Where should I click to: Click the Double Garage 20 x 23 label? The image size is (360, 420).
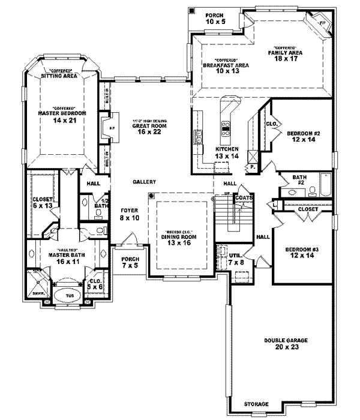(x=286, y=343)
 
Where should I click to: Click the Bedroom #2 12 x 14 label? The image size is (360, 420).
(x=301, y=136)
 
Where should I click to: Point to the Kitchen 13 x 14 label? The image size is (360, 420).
(x=227, y=152)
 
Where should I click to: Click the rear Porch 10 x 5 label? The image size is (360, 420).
(x=214, y=18)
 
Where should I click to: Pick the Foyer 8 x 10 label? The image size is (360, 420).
(x=129, y=214)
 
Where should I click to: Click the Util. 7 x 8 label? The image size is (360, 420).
(x=235, y=259)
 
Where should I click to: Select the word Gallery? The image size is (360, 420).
(x=145, y=182)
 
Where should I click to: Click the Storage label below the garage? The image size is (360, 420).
(x=256, y=403)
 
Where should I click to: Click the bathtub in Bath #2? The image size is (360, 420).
(x=324, y=184)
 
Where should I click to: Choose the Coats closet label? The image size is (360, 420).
(x=243, y=197)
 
